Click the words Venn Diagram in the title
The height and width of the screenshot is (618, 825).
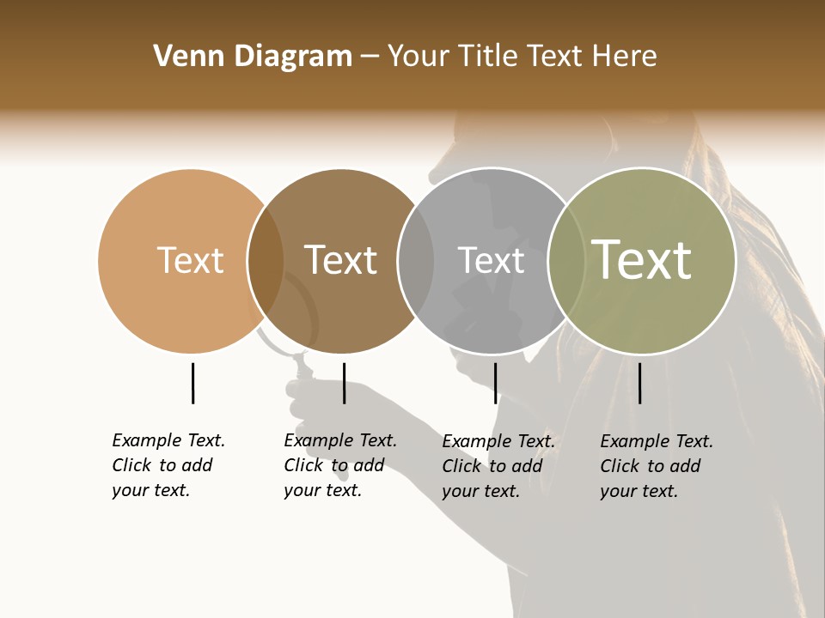[x=253, y=57]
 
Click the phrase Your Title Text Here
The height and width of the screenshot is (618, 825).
[x=522, y=57]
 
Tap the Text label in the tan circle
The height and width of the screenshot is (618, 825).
[x=190, y=260]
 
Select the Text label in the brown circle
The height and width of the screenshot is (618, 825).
[x=340, y=260]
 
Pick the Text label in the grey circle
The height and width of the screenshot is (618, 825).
[x=491, y=260]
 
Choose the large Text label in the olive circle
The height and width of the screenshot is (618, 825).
[x=642, y=260]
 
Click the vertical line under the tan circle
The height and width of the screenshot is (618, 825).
[x=192, y=383]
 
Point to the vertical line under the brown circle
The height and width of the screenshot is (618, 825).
[x=344, y=383]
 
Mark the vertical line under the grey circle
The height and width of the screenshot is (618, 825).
[x=495, y=383]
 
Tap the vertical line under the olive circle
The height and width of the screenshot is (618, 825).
[x=639, y=383]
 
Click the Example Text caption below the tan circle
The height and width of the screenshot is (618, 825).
[x=168, y=465]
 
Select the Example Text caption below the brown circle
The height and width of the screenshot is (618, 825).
[x=339, y=465]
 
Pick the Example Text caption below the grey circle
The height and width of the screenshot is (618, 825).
[x=498, y=466]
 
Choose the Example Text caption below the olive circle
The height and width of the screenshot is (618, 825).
[x=656, y=466]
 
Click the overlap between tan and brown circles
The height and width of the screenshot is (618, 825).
[x=266, y=260]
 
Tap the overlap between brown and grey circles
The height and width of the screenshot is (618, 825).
[x=416, y=260]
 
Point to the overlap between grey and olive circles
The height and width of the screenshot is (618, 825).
[x=566, y=260]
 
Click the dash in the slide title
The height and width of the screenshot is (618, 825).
[x=370, y=58]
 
